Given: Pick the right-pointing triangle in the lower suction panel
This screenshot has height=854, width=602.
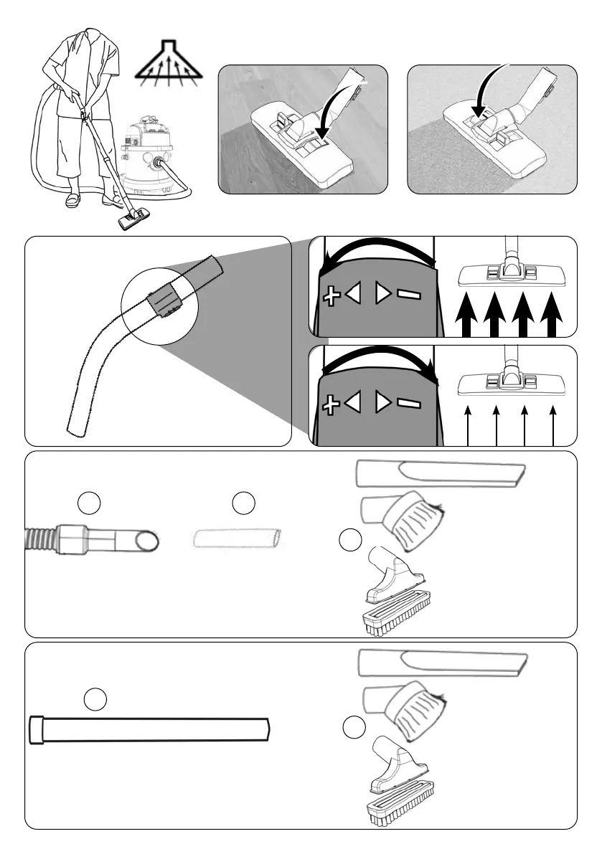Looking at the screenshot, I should [383, 403].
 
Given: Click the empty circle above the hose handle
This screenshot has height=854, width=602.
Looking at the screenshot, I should [89, 503].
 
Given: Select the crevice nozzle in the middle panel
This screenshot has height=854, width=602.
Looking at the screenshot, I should [441, 473].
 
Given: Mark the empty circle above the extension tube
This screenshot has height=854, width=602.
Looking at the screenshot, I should [95, 698].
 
